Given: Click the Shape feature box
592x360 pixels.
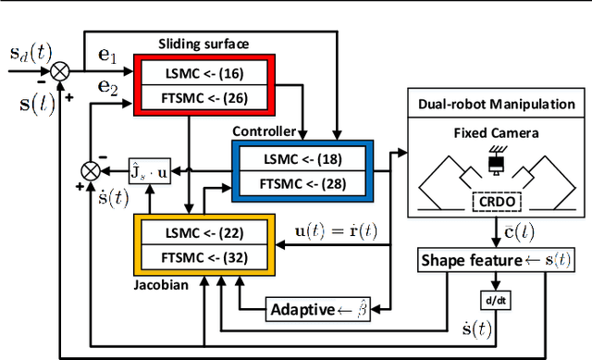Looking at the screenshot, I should point(483,262).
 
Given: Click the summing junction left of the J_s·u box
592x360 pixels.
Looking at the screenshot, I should point(90,170).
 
